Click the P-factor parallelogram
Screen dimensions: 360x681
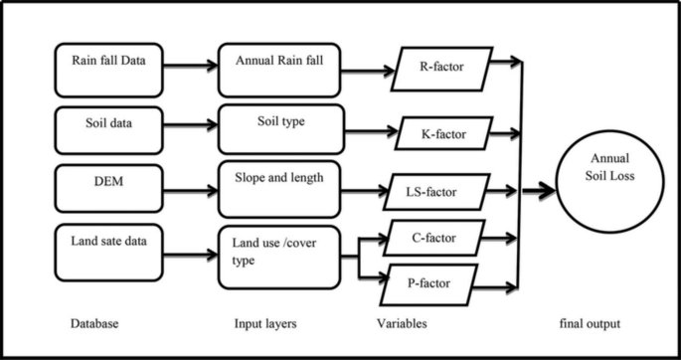[441, 282]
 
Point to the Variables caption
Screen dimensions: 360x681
[404, 325]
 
